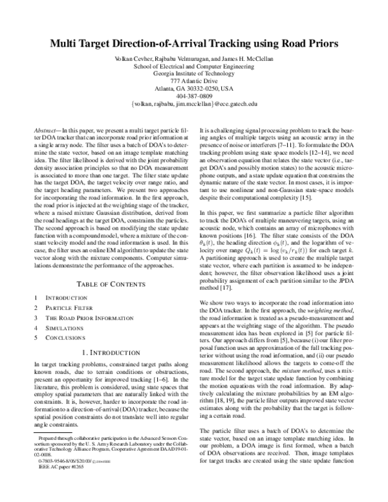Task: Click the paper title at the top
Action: [x=194, y=45]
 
